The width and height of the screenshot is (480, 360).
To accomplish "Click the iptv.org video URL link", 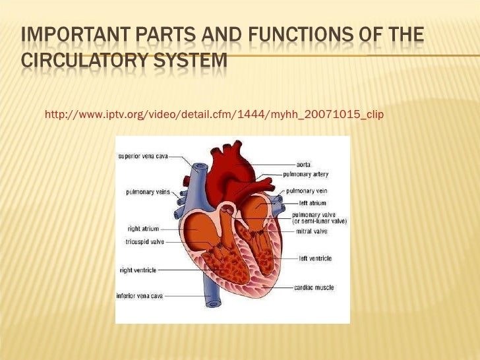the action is click(214, 116).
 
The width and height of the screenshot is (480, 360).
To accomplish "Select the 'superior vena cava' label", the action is click(142, 156).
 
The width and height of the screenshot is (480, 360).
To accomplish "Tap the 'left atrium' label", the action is click(314, 202).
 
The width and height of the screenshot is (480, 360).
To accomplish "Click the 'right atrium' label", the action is click(142, 229).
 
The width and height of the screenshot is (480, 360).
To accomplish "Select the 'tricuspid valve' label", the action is click(146, 241).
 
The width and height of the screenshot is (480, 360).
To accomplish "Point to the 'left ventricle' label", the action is click(315, 258).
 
